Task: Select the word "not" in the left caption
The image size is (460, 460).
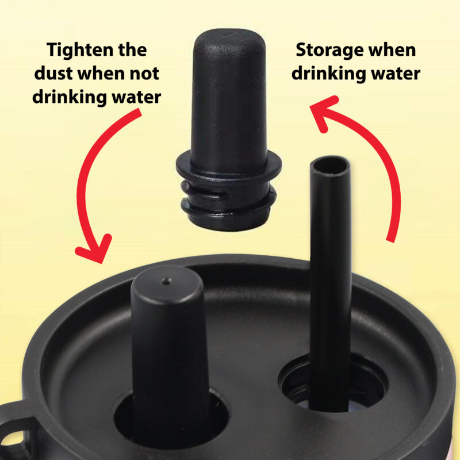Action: pos(145,74)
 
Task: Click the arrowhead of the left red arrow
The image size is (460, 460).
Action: pos(94,250)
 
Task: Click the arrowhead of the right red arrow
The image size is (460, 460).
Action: pos(323,112)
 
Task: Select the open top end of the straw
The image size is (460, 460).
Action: pos(330,167)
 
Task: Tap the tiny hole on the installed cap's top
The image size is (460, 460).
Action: pos(166,281)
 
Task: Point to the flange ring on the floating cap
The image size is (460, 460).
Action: pos(229,168)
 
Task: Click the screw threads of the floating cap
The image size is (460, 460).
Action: pos(229,202)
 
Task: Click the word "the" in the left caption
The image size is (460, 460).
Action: pos(132,50)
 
